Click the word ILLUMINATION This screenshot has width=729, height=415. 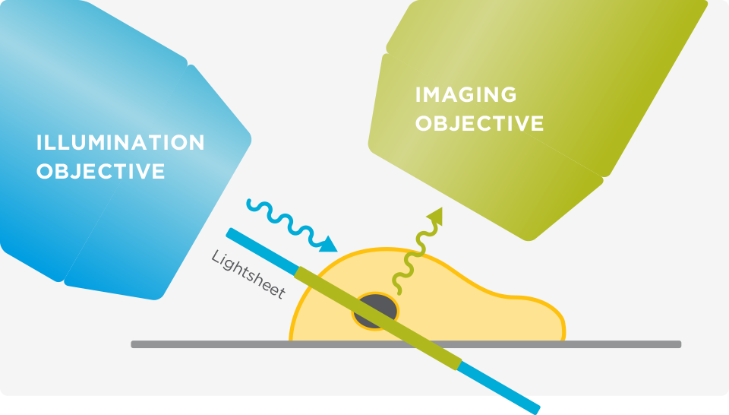point(121,142)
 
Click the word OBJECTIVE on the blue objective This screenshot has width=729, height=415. point(101,171)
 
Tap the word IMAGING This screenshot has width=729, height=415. point(465,94)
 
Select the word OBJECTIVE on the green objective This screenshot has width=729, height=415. point(479,123)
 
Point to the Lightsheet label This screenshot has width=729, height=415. point(248,274)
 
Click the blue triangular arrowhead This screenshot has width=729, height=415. point(328,245)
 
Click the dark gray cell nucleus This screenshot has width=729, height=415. point(376,311)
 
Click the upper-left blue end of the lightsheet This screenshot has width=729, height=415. point(229,232)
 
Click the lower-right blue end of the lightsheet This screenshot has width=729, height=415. point(537,410)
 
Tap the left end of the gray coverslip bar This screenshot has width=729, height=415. point(132,344)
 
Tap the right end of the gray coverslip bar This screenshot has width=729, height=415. point(680,344)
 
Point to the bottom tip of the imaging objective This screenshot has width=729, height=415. point(529,239)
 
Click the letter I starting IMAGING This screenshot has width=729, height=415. point(418,94)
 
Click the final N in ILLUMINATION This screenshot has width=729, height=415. point(197,142)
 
